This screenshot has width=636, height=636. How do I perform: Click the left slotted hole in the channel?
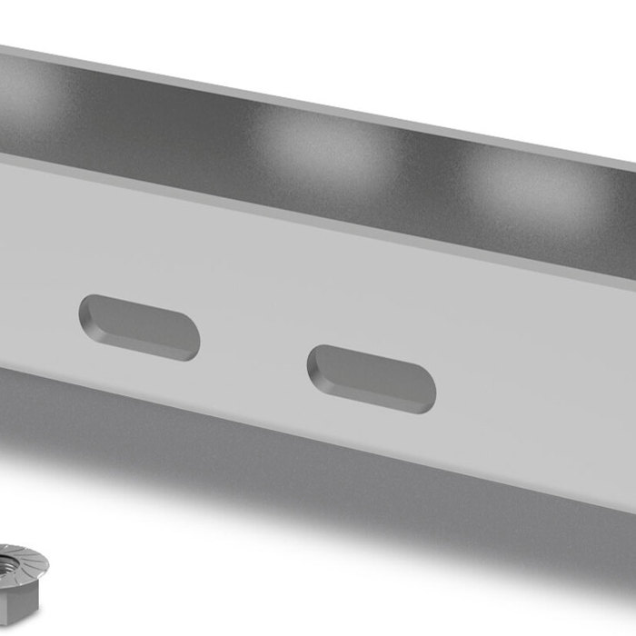point(139,327)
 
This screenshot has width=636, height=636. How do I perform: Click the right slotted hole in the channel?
point(372,379)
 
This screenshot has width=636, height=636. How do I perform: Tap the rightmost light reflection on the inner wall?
point(527,186)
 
